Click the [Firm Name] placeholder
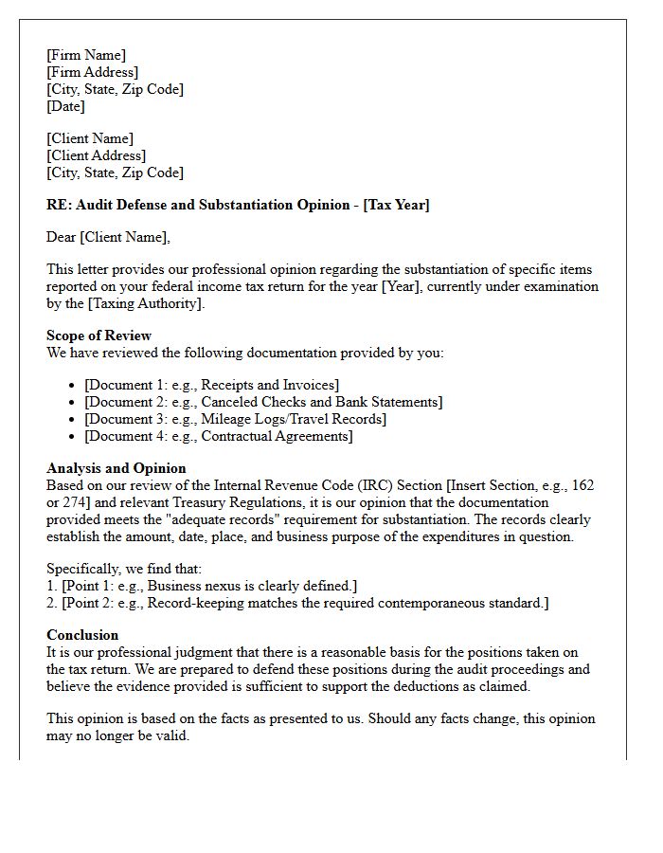coord(86,55)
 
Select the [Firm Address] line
coord(92,72)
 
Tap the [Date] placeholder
coord(65,106)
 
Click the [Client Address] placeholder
coord(96,155)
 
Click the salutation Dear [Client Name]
coord(108,237)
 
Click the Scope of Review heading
coord(99,336)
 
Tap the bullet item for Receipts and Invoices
coord(211,385)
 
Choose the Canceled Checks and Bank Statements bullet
coord(262,402)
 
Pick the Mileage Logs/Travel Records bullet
coord(235,419)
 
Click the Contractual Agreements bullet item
coord(218,436)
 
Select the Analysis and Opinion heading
coord(116,468)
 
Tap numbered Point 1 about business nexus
coord(202,586)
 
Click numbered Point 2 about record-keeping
coord(297,603)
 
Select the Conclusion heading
coord(82,635)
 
